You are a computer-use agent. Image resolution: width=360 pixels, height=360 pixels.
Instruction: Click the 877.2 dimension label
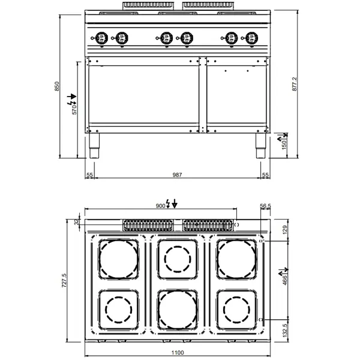click(x=294, y=85)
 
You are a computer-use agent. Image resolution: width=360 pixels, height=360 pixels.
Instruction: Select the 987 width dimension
click(x=177, y=175)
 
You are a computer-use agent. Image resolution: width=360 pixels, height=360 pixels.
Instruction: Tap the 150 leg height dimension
click(x=284, y=143)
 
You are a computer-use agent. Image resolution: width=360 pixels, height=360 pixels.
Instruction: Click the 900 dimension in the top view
click(x=160, y=206)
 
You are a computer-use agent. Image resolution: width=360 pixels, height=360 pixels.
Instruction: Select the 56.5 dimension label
click(x=266, y=206)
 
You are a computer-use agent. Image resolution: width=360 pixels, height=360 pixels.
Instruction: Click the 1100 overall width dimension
click(x=178, y=353)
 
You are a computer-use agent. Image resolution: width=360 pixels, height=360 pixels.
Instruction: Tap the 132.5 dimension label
click(x=285, y=329)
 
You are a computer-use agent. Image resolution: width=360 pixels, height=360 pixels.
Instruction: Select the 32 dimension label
click(x=76, y=223)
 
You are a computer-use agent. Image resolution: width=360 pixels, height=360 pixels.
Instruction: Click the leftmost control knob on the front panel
click(x=102, y=38)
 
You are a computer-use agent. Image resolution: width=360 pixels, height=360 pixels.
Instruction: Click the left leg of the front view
click(x=94, y=146)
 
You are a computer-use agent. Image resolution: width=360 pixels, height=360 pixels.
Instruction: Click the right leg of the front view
click(x=260, y=146)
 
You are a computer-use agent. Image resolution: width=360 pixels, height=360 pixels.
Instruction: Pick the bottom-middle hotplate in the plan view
click(x=178, y=309)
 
